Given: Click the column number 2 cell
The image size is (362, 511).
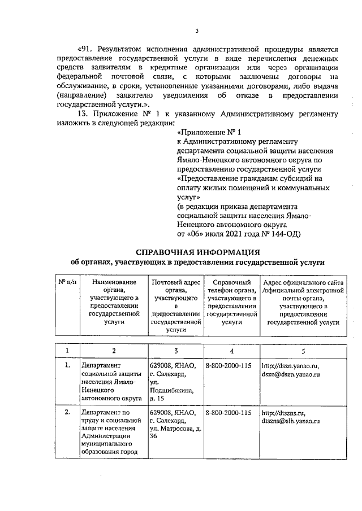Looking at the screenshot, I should click(114, 351).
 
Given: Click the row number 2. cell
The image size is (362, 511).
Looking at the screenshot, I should click(67, 412).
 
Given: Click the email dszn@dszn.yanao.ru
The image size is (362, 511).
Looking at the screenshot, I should click(291, 374).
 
